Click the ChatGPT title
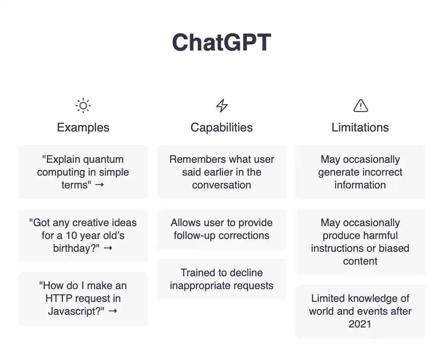click(221, 42)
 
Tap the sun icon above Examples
click(83, 106)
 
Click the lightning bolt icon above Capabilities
click(222, 105)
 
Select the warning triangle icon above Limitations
click(361, 105)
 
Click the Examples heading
click(83, 127)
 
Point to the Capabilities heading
click(221, 127)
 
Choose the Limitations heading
click(360, 127)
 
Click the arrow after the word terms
click(99, 185)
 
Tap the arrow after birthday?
click(108, 248)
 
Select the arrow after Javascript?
click(113, 311)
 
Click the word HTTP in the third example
click(59, 298)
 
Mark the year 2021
click(360, 324)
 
